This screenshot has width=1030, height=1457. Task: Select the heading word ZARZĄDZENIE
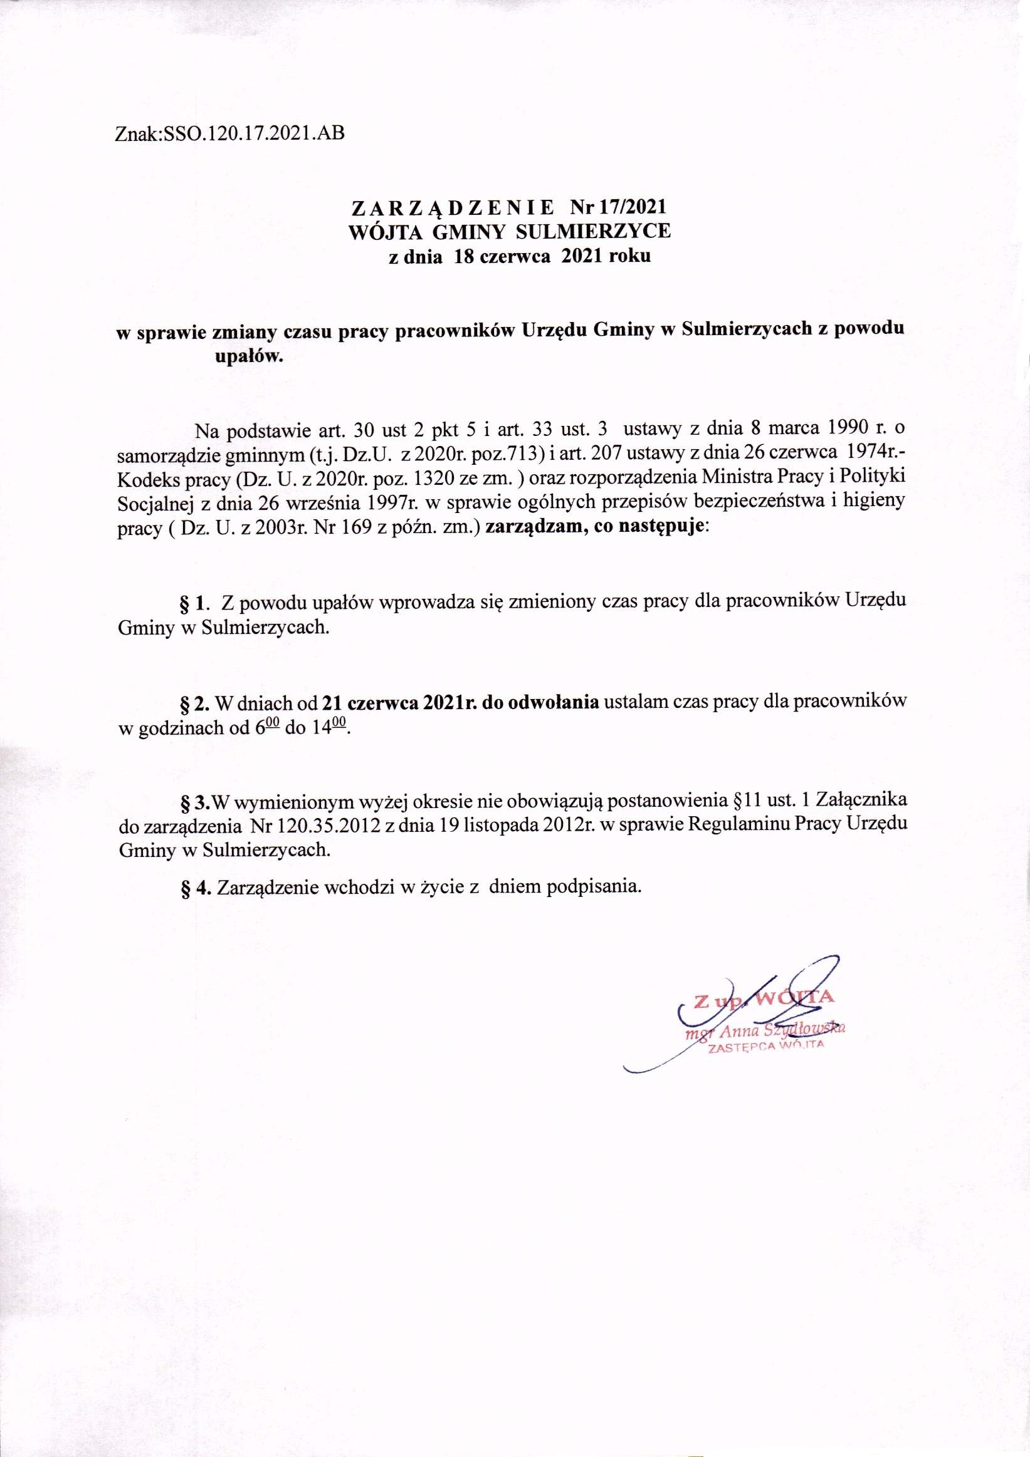451,208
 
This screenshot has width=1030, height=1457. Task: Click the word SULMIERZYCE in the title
604,232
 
